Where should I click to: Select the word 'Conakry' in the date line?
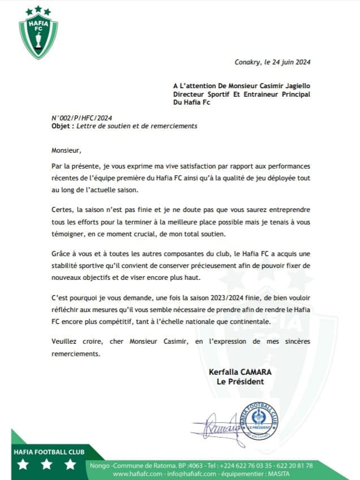(248, 63)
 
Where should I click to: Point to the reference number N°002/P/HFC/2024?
(78, 118)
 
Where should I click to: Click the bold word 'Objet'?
(61, 126)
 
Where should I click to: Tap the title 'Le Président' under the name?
(240, 382)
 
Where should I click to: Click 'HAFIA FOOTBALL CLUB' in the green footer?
(49, 452)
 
